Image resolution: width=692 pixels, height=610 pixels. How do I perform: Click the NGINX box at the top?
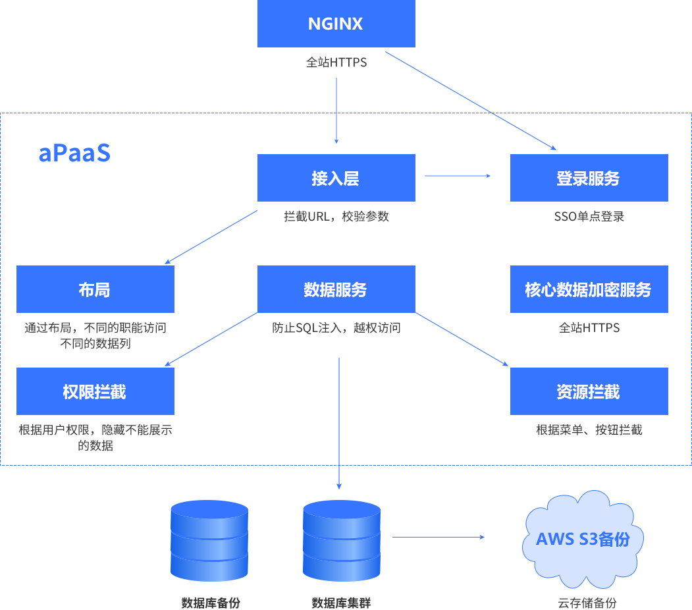click(336, 24)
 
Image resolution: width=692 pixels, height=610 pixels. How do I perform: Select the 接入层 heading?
click(335, 179)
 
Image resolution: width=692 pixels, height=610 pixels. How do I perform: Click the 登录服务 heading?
click(588, 179)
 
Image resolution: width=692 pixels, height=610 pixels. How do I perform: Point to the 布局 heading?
click(94, 290)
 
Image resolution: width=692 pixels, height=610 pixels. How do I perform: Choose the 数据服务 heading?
click(335, 290)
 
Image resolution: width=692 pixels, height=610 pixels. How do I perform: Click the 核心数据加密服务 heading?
click(588, 290)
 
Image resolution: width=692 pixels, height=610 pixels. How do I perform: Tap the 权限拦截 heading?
click(94, 393)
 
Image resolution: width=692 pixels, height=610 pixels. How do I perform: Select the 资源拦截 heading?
click(588, 393)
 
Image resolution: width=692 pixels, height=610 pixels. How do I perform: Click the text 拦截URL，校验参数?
click(336, 216)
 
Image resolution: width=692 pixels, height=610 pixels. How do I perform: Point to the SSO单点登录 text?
click(589, 216)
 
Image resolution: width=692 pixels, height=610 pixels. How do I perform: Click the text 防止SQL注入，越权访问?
click(336, 327)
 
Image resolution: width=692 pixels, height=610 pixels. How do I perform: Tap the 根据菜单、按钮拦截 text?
click(589, 430)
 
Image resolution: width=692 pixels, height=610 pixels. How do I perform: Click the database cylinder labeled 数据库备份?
click(209, 540)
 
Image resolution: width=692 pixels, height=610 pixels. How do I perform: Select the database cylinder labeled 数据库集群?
click(342, 540)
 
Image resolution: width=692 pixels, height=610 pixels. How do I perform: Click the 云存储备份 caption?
click(587, 603)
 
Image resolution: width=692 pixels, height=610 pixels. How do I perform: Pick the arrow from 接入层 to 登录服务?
click(458, 176)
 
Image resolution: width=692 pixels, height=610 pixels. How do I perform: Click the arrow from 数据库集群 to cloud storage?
click(439, 538)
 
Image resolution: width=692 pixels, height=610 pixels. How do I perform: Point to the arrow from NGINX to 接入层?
click(336, 110)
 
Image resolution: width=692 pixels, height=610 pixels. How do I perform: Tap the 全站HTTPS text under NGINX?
click(336, 63)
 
